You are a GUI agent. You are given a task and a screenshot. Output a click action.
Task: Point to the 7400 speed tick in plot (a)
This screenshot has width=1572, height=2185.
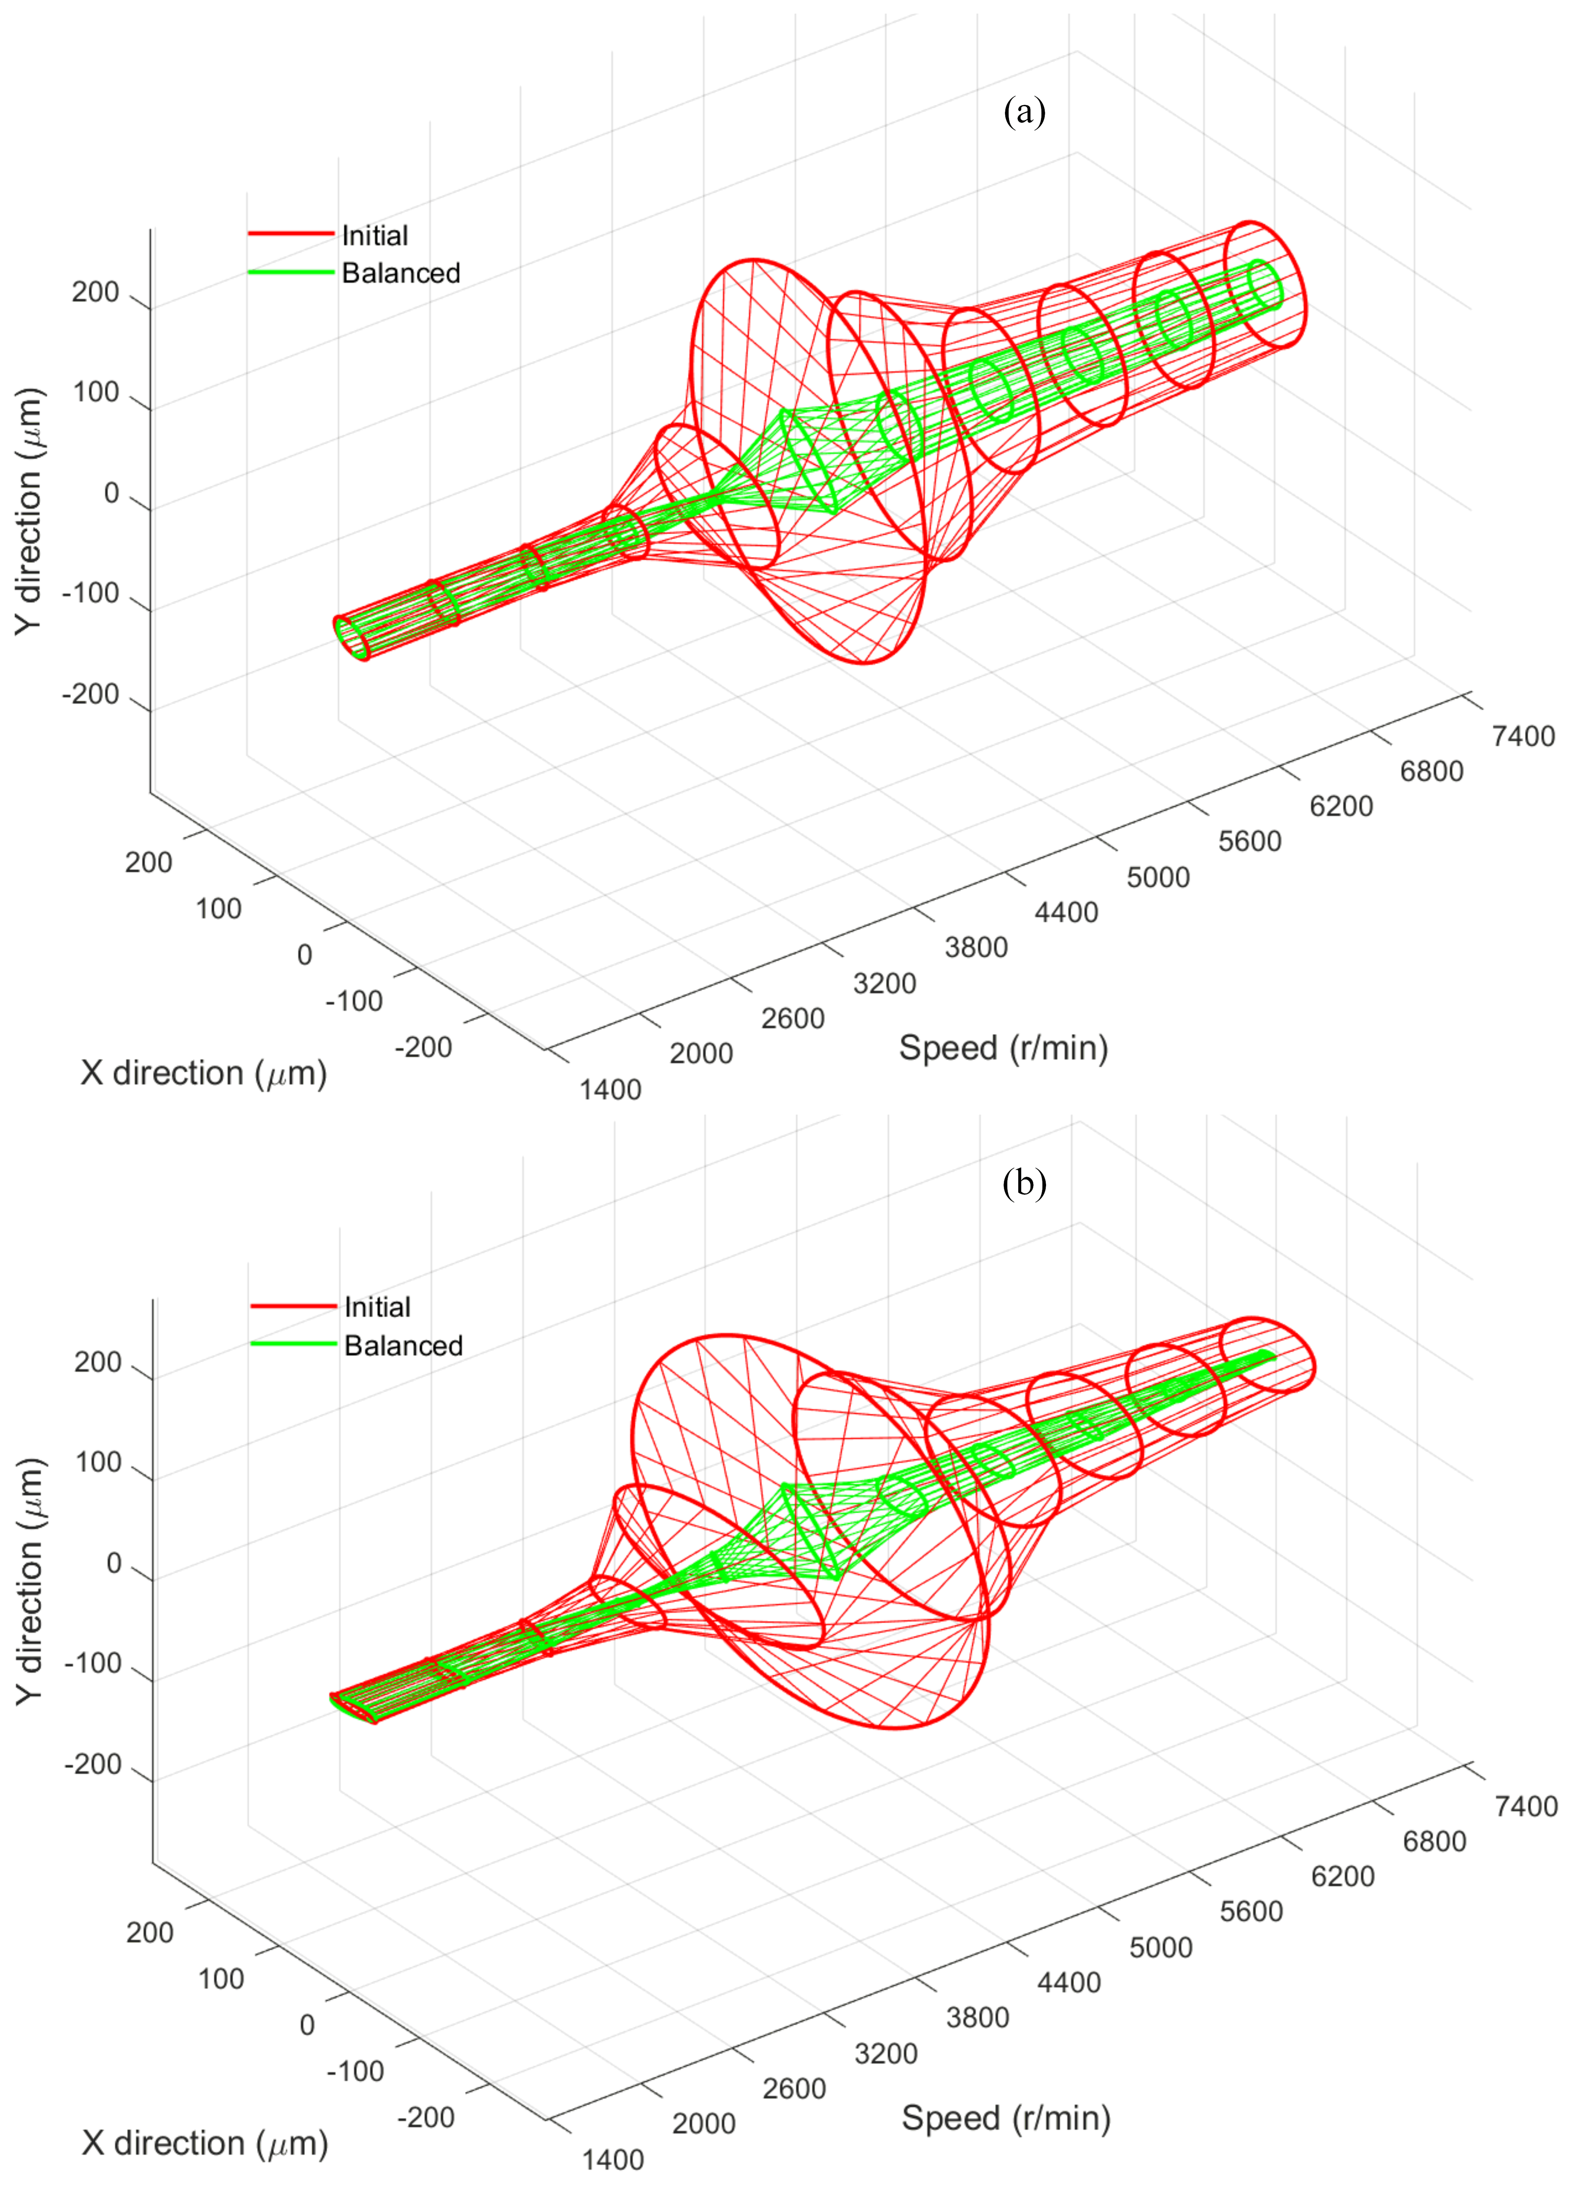click(1523, 736)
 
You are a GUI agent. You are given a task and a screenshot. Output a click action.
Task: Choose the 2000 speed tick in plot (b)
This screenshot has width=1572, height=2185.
click(703, 2123)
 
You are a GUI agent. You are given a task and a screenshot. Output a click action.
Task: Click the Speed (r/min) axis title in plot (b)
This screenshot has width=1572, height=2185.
click(1006, 2118)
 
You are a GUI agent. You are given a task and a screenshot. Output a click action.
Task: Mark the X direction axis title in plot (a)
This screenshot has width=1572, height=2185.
click(203, 1072)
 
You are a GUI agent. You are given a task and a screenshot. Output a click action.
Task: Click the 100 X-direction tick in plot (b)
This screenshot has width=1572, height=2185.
click(221, 1979)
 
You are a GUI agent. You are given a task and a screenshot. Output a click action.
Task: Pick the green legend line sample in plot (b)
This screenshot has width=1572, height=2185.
click(293, 1344)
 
